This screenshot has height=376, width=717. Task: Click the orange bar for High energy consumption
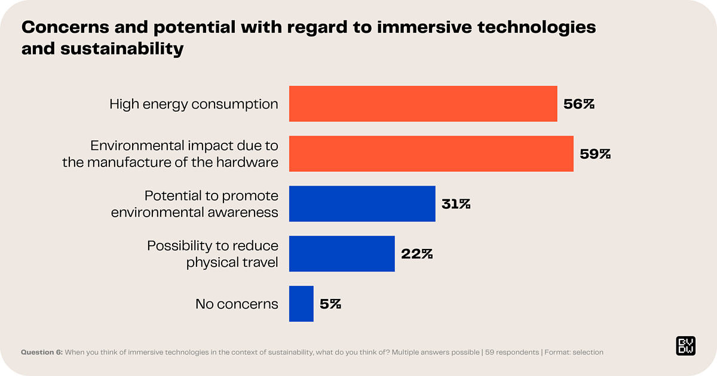[x=423, y=104]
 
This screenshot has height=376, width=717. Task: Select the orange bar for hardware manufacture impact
[x=431, y=154]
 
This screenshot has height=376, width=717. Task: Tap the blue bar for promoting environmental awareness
[x=362, y=204]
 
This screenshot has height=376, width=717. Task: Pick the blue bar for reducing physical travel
[x=342, y=254]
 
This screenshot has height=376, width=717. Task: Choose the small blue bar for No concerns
[x=301, y=304]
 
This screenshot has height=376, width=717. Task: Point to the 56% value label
[x=579, y=104]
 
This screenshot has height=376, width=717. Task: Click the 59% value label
[x=595, y=154]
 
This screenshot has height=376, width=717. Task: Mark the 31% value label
[x=456, y=204]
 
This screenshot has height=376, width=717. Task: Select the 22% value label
[x=416, y=254]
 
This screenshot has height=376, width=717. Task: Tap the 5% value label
[x=330, y=304]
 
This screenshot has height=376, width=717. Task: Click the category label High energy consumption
[x=194, y=104]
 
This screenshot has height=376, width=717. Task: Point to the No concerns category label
[x=237, y=304]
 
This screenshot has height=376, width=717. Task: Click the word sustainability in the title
[x=120, y=48]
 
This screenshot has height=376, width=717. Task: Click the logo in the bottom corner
[x=685, y=346]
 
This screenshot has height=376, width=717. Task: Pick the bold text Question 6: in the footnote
[x=42, y=352]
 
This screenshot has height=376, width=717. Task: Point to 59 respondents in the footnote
[x=512, y=352]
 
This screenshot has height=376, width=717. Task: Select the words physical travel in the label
[x=232, y=262]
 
